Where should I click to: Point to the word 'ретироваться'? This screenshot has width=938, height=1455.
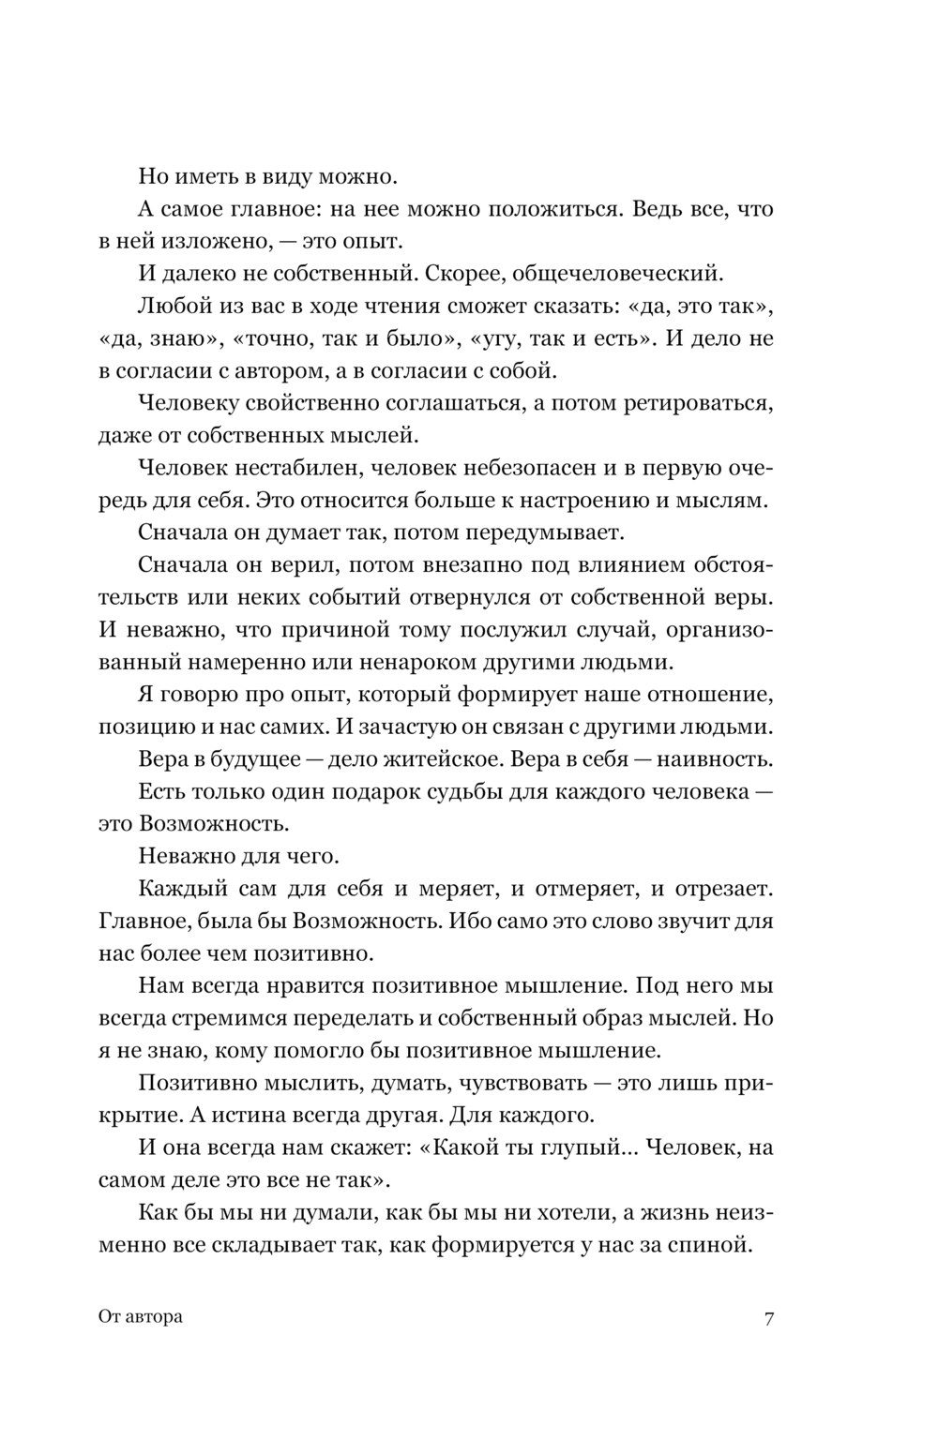(x=695, y=403)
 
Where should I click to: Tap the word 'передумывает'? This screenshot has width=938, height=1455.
(x=548, y=532)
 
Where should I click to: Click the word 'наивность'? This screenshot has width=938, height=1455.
(x=700, y=759)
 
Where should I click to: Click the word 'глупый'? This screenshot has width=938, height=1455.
(x=585, y=1147)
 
